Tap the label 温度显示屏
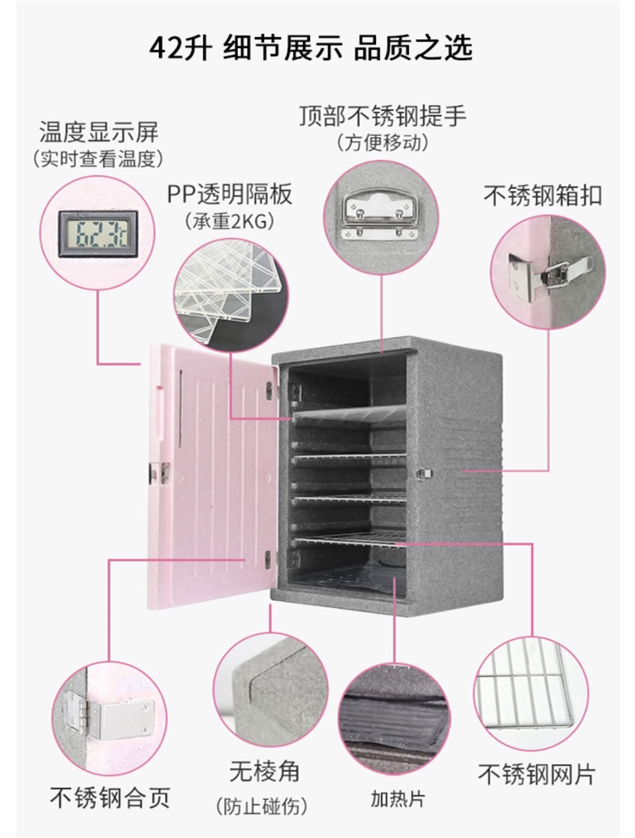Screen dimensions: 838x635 pyautogui.click(x=98, y=132)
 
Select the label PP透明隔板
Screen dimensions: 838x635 pyautogui.click(x=229, y=195)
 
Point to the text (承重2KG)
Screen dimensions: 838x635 pyautogui.click(x=229, y=222)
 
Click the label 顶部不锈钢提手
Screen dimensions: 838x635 pyautogui.click(x=383, y=115)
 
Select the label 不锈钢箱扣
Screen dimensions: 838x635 pyautogui.click(x=543, y=196)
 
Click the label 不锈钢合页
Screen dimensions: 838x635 pyautogui.click(x=110, y=797)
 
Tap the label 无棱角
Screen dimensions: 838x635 pyautogui.click(x=263, y=772)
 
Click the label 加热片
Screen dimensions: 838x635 pyautogui.click(x=397, y=797)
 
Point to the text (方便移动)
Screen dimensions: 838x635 pyautogui.click(x=382, y=141)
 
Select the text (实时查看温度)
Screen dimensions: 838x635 pyautogui.click(x=98, y=158)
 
